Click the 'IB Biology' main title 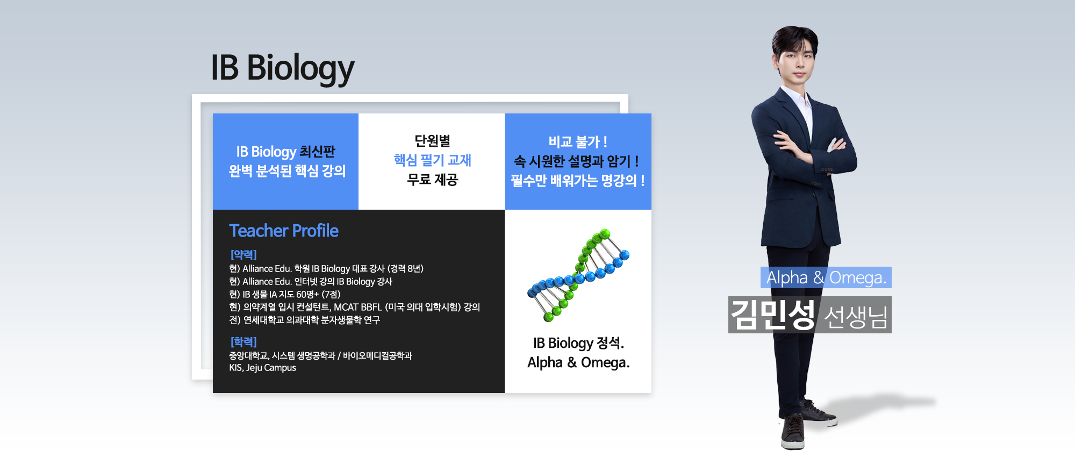282,68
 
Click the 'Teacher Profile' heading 284,231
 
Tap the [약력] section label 243,254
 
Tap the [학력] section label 243,342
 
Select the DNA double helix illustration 578,275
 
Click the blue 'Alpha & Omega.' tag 826,277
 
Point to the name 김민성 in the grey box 773,315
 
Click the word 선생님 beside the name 855,317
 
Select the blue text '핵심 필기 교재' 432,160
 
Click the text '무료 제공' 432,180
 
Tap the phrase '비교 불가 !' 578,142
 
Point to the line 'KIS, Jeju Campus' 262,368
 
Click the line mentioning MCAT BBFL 354,307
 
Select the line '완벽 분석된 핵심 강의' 287,171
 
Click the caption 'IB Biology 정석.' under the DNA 578,343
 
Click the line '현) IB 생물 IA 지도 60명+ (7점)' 285,294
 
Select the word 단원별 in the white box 432,140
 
